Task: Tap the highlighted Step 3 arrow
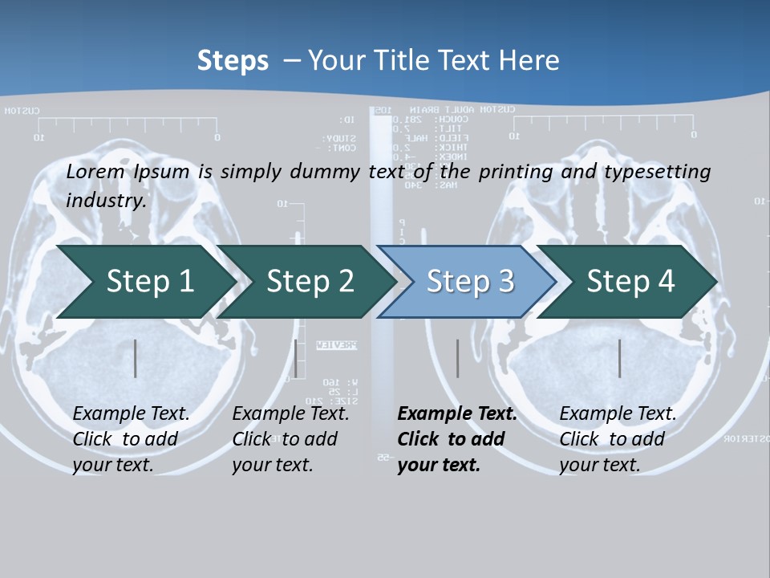(x=470, y=282)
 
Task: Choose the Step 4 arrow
(x=630, y=282)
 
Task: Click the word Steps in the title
(x=233, y=61)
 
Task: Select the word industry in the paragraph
(x=105, y=200)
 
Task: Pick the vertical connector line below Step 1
(x=136, y=358)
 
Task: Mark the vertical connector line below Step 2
(x=296, y=358)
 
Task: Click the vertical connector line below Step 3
(x=458, y=358)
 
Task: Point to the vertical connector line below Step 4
(x=620, y=358)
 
